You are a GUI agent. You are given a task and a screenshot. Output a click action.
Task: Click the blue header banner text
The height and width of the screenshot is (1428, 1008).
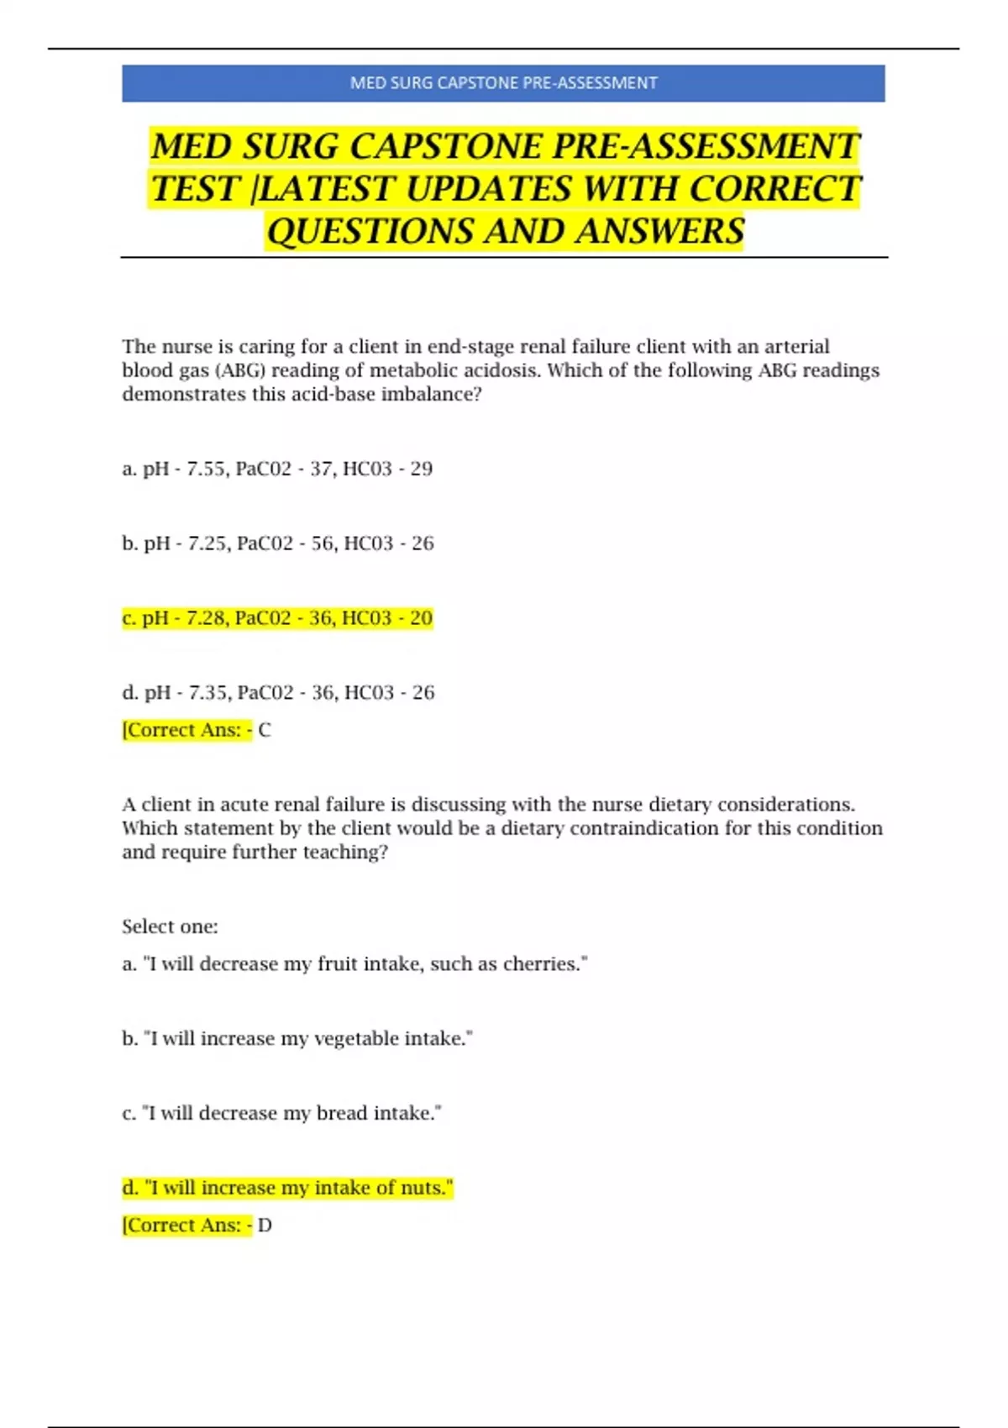click(x=503, y=83)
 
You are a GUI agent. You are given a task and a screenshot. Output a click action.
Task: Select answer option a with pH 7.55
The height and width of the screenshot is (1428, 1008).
click(x=277, y=469)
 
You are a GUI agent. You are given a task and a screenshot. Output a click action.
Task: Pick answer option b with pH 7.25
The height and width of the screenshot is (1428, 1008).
click(x=278, y=543)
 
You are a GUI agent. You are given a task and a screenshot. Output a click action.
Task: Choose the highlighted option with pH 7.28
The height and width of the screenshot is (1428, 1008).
click(x=277, y=618)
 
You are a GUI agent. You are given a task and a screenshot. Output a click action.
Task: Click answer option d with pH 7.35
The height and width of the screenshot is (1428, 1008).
click(x=278, y=693)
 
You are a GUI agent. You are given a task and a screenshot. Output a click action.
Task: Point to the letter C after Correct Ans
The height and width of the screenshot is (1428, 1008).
click(x=265, y=731)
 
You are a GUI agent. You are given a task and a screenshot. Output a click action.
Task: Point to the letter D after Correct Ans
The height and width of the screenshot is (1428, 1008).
click(x=265, y=1226)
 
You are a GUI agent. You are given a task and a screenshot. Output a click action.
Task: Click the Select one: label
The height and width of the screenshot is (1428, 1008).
click(x=170, y=927)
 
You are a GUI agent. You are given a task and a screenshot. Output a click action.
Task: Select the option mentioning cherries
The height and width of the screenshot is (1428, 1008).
click(x=354, y=964)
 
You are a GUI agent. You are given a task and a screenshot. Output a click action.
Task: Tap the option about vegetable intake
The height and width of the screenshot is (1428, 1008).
click(x=297, y=1039)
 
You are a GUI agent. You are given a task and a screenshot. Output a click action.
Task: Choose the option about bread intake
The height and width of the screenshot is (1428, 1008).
click(x=281, y=1114)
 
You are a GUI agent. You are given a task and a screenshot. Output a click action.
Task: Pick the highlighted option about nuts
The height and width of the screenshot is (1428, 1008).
click(x=287, y=1188)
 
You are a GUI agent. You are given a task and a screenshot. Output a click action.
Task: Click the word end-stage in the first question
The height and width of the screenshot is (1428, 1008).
click(x=470, y=347)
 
